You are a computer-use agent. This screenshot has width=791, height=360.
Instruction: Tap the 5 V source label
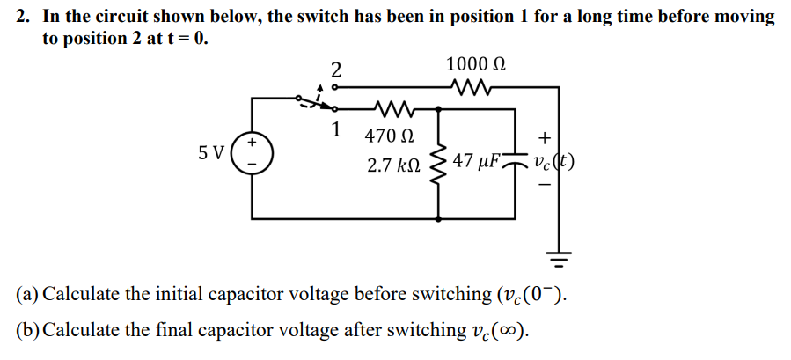point(211,152)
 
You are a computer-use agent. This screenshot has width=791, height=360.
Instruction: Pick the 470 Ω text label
point(388,136)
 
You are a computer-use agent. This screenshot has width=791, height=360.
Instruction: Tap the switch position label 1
point(335,129)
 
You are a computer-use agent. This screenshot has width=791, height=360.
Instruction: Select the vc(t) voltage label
point(553,163)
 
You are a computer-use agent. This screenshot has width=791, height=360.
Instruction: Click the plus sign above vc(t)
point(546,137)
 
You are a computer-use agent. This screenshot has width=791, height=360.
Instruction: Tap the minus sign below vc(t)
point(546,186)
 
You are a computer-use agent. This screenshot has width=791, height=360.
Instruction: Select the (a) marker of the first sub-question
point(26,293)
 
